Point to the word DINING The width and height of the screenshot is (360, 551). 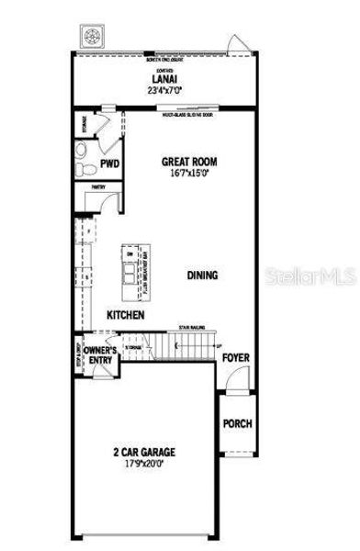click(x=203, y=275)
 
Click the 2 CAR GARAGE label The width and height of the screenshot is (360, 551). click(x=144, y=452)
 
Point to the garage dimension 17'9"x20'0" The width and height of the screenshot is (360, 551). click(x=144, y=464)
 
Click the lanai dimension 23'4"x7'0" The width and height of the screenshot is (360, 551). click(x=166, y=91)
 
